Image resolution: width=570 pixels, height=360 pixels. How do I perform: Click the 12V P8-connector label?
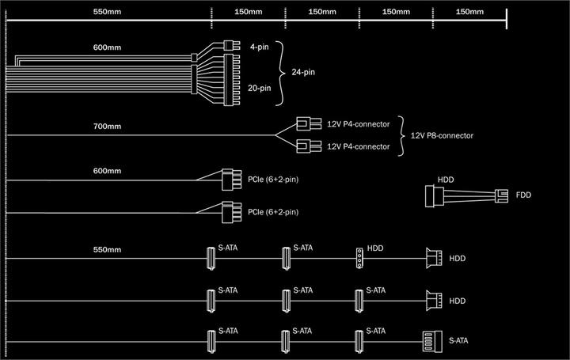(442, 135)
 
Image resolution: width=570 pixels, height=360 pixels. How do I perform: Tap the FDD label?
(523, 195)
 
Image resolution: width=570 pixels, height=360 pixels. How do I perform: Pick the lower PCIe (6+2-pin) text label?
(273, 212)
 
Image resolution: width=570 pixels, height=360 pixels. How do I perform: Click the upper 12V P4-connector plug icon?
(304, 123)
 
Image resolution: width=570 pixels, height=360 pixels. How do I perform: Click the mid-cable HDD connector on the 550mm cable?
(359, 258)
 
